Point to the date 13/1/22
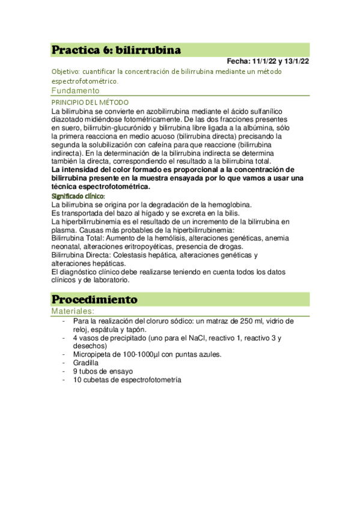click(297, 61)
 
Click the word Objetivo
click(66, 72)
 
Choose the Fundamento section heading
click(75, 91)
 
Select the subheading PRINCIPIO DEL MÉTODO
click(90, 103)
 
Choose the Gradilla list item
click(87, 363)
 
